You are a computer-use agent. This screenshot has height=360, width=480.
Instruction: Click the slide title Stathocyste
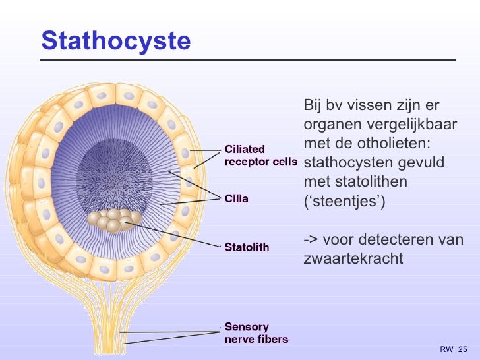click(115, 41)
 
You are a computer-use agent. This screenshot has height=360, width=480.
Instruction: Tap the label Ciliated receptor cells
click(260, 155)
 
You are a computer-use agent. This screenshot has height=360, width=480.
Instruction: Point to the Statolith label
click(247, 247)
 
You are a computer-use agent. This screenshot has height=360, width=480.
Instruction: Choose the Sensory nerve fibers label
click(256, 333)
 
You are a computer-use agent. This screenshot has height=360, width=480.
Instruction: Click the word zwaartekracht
click(353, 258)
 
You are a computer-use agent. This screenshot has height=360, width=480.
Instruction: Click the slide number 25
click(462, 349)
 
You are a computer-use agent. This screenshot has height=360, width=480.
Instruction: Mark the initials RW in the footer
click(446, 349)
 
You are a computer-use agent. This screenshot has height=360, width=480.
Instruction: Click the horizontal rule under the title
click(248, 59)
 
